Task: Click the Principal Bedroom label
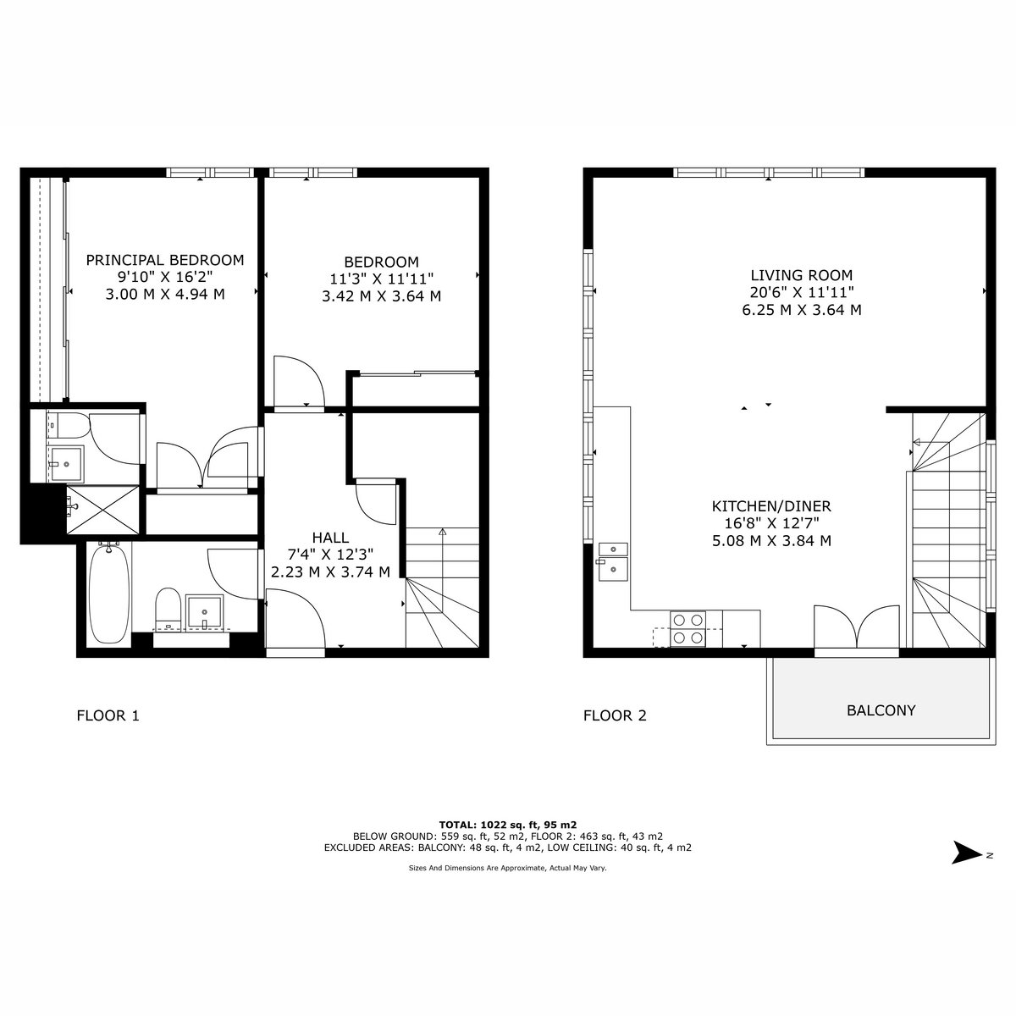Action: (x=165, y=260)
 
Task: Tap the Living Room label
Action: (x=802, y=275)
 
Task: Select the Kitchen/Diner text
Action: (x=771, y=506)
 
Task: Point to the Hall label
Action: (x=330, y=538)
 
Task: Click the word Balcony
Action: (x=881, y=710)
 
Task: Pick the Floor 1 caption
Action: (x=108, y=715)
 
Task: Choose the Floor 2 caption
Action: (x=615, y=715)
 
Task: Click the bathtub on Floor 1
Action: (x=109, y=594)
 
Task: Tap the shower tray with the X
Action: (x=102, y=510)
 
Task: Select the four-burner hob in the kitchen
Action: (x=688, y=628)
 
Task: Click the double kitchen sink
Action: (x=613, y=561)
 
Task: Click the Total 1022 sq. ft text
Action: (x=508, y=825)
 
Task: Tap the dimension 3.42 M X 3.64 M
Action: (x=381, y=296)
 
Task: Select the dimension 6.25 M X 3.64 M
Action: (x=802, y=310)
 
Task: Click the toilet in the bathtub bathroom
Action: (x=168, y=609)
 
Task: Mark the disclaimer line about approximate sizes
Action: (x=508, y=868)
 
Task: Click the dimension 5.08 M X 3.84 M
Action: (x=771, y=541)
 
